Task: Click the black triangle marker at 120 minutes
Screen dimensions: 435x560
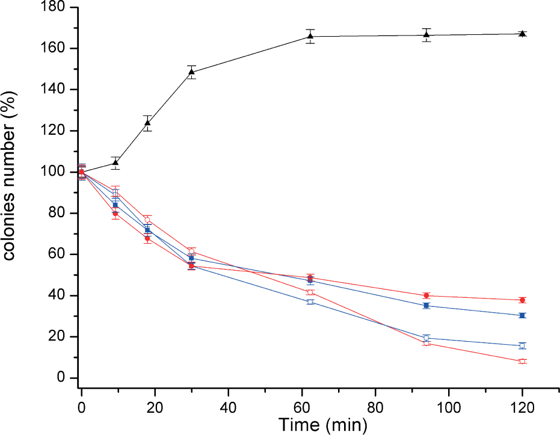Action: [522, 34]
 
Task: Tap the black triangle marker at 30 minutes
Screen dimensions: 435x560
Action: [192, 72]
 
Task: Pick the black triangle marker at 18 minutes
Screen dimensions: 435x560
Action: [147, 123]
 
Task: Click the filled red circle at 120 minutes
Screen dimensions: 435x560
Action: [522, 300]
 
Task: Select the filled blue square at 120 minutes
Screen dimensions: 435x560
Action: [522, 315]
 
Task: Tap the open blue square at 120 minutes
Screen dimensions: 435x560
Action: [522, 346]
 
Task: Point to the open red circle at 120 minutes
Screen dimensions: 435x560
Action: [522, 362]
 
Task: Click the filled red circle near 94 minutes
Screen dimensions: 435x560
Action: [426, 295]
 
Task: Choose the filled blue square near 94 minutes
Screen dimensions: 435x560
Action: [426, 306]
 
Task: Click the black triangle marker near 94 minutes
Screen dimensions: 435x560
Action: [426, 35]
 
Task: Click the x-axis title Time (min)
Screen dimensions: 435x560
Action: [322, 424]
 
